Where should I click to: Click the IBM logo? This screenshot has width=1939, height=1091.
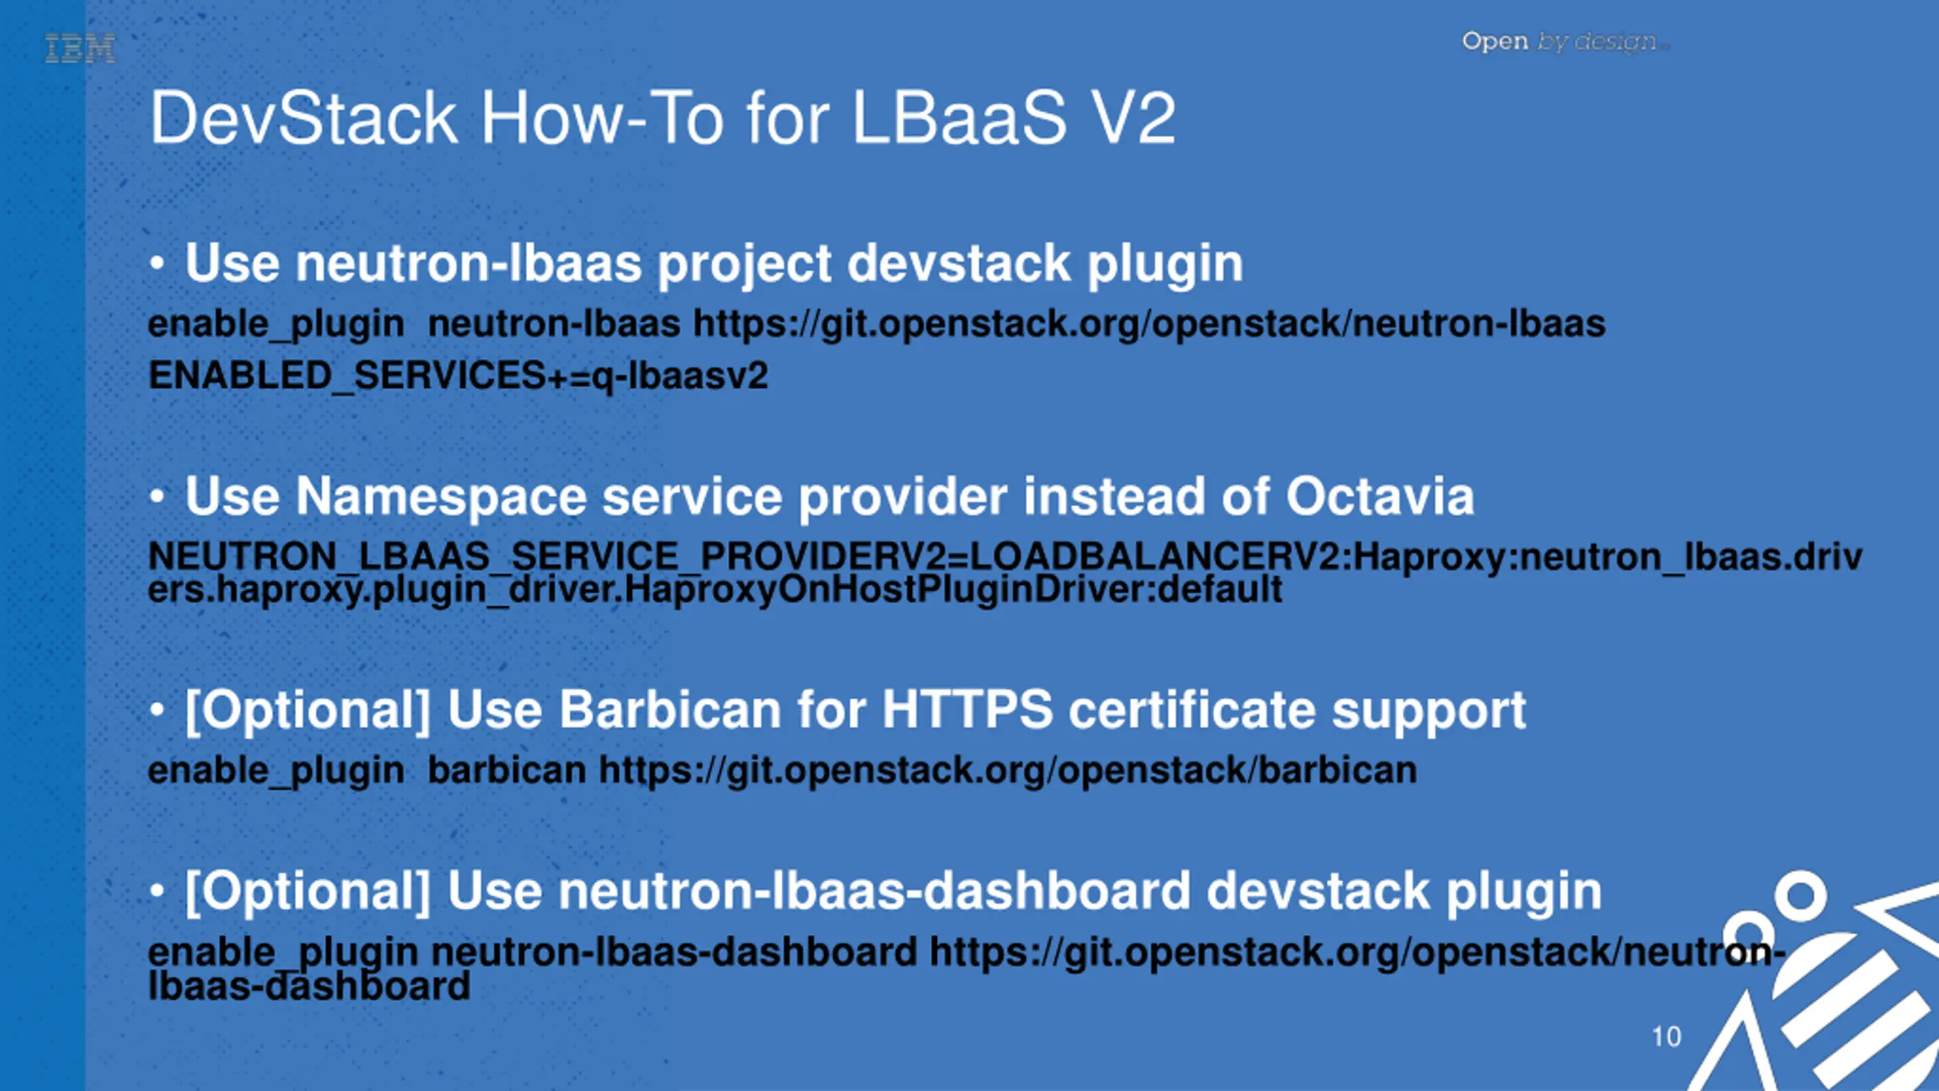coord(80,48)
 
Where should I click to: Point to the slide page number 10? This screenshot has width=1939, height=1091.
coord(1666,1036)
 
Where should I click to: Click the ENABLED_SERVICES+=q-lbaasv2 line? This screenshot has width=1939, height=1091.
coord(458,376)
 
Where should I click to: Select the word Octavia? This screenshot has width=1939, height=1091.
coord(1380,497)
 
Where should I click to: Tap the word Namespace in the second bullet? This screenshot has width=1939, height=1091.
coord(441,497)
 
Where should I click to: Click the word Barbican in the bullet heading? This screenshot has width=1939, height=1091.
coord(670,710)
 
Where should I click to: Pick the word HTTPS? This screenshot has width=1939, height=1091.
coord(966,710)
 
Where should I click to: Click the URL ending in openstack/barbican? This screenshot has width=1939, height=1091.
coord(1007,771)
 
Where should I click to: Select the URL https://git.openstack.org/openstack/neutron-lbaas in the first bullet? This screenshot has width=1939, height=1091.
coord(1149,324)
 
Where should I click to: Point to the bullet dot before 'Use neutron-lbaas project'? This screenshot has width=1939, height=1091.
coord(157,264)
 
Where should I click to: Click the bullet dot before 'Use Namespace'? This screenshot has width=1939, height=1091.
coord(157,497)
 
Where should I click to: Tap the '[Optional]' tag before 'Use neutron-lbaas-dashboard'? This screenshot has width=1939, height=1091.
coord(308,892)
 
